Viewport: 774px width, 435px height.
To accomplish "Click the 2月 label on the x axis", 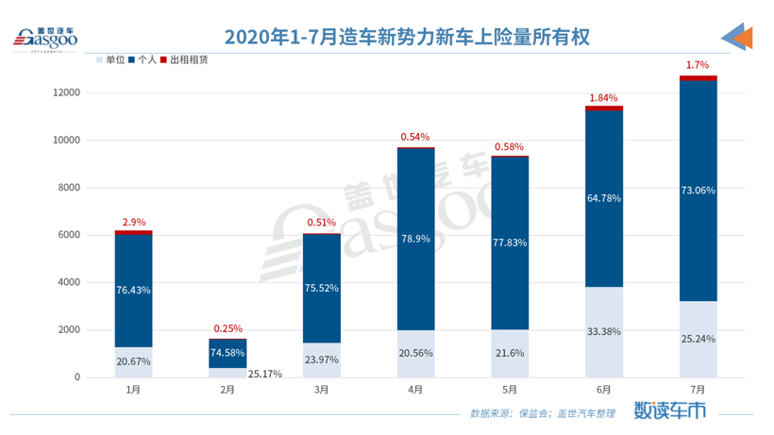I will [227, 390].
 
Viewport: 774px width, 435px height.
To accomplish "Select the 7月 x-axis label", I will [698, 390].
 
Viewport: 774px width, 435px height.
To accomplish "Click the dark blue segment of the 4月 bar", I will [415, 239].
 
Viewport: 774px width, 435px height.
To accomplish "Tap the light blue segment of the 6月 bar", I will [604, 331].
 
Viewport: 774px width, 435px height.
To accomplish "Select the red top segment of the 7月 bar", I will [698, 77].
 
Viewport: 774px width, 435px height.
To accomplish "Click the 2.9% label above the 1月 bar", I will [133, 221].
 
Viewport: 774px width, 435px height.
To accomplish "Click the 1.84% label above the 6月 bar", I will [604, 97].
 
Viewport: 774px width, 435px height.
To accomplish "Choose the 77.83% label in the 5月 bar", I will [510, 243].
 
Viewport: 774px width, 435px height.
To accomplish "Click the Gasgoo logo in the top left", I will [44, 39].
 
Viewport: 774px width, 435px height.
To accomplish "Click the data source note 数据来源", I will [548, 412].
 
